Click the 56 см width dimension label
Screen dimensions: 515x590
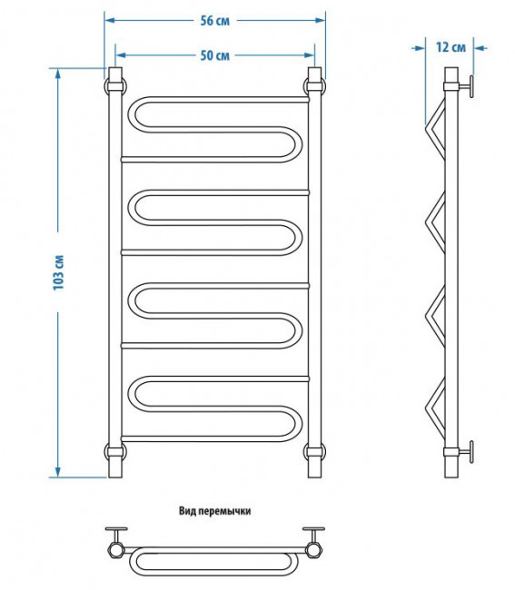point(214,21)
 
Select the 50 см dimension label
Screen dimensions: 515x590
point(214,55)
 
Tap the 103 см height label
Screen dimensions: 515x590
point(59,272)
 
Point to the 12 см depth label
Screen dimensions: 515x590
point(451,47)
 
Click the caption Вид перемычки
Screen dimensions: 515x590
point(214,511)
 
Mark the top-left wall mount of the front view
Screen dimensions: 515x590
point(115,86)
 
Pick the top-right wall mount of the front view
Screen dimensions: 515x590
point(314,86)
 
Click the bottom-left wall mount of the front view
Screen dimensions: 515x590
point(115,451)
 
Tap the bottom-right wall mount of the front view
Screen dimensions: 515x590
point(314,451)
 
